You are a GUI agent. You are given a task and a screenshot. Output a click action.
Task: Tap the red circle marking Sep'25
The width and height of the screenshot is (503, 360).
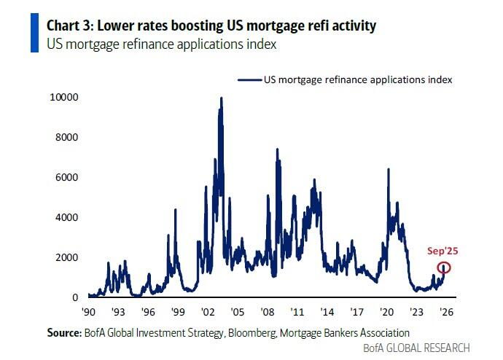click(444, 267)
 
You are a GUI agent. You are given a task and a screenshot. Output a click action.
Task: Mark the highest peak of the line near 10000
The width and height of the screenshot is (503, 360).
click(221, 98)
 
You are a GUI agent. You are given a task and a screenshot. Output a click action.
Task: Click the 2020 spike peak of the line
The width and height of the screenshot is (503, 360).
click(389, 169)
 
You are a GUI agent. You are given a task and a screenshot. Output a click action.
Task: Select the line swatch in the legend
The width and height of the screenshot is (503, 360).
click(249, 79)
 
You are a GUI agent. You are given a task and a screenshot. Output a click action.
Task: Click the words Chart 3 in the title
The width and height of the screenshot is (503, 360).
click(69, 26)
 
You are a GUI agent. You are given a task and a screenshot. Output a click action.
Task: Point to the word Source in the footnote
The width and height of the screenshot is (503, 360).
click(60, 332)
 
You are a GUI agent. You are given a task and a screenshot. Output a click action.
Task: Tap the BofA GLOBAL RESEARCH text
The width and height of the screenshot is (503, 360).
click(416, 348)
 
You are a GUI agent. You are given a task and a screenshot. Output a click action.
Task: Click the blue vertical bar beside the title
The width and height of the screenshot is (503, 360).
click(35, 32)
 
